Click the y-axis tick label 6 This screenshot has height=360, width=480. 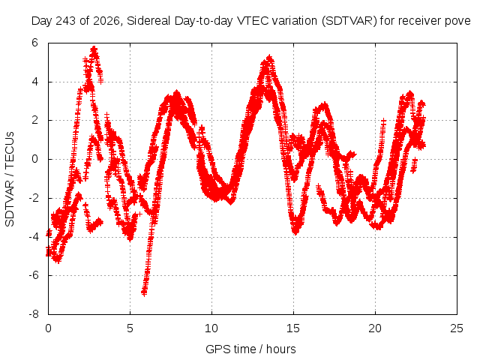34,43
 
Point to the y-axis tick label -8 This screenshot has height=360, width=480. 33,314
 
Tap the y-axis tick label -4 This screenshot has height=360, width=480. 33,237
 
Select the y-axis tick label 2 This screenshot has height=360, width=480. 34,120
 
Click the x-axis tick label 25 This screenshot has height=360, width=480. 457,328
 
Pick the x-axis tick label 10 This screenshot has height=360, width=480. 211,328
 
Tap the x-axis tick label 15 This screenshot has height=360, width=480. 293,328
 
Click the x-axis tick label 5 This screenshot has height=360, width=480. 130,328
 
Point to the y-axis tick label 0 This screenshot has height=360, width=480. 34,159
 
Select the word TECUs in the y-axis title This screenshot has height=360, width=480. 10,150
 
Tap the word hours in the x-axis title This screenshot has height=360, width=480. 280,349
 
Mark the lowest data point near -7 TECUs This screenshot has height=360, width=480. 144,292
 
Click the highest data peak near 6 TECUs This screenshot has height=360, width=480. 94,49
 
